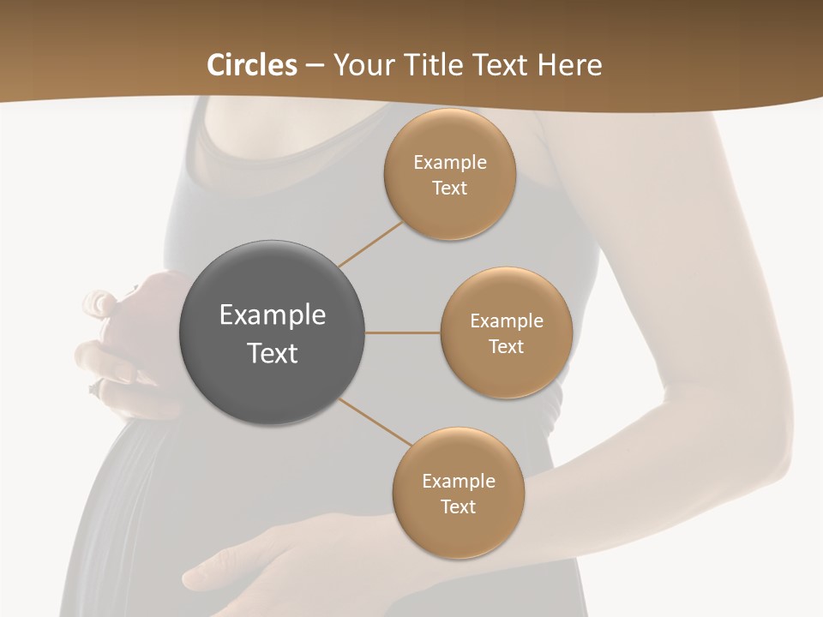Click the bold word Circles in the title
252,65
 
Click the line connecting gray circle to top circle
370,243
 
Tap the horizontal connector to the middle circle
402,332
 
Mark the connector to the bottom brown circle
375,422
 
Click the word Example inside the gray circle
273,315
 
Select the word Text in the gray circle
273,353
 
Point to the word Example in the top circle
450,163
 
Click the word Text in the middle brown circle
506,347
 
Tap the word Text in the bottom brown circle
458,507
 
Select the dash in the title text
314,65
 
